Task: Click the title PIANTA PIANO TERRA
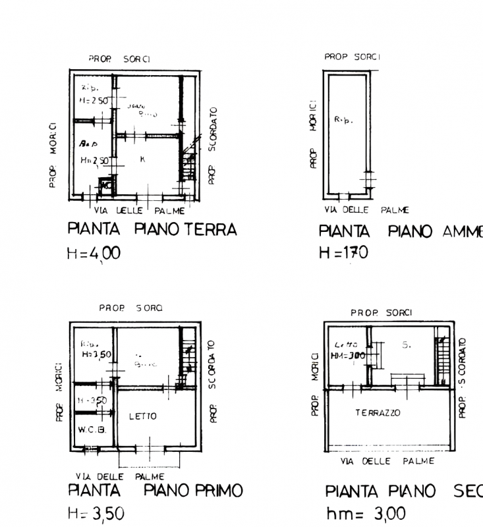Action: pyautogui.click(x=152, y=230)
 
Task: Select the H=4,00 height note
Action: pyautogui.click(x=94, y=254)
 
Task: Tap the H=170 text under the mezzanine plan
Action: pyautogui.click(x=343, y=253)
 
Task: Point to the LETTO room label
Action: pyautogui.click(x=142, y=416)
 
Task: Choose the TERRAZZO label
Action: pyautogui.click(x=378, y=413)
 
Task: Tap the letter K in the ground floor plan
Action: pyautogui.click(x=142, y=159)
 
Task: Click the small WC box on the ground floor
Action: pyautogui.click(x=104, y=186)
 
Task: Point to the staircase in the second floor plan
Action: pyautogui.click(x=440, y=356)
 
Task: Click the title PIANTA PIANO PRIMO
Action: pyautogui.click(x=156, y=491)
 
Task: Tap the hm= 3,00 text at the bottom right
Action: pyautogui.click(x=366, y=514)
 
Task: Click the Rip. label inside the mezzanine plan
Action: pyautogui.click(x=343, y=121)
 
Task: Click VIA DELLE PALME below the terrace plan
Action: pyautogui.click(x=387, y=461)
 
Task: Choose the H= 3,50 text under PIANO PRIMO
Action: pyautogui.click(x=96, y=514)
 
